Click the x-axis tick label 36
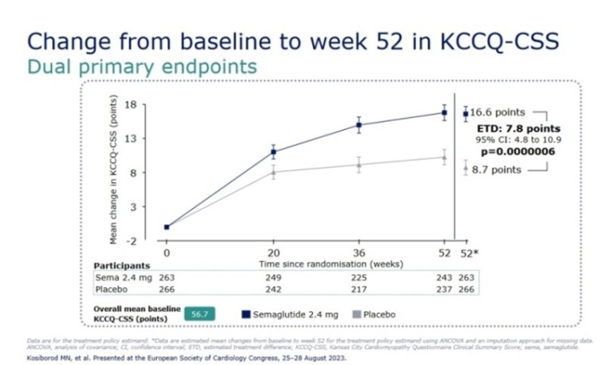point(359,254)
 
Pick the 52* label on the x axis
point(470,254)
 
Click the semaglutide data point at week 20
point(274,152)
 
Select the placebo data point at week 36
point(359,165)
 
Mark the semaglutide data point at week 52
point(444,112)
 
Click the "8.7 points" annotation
point(495,169)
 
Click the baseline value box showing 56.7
point(198,314)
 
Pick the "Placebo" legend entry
point(376,314)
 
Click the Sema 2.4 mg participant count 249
point(274,276)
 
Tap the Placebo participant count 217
point(359,290)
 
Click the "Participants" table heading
point(123,264)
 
